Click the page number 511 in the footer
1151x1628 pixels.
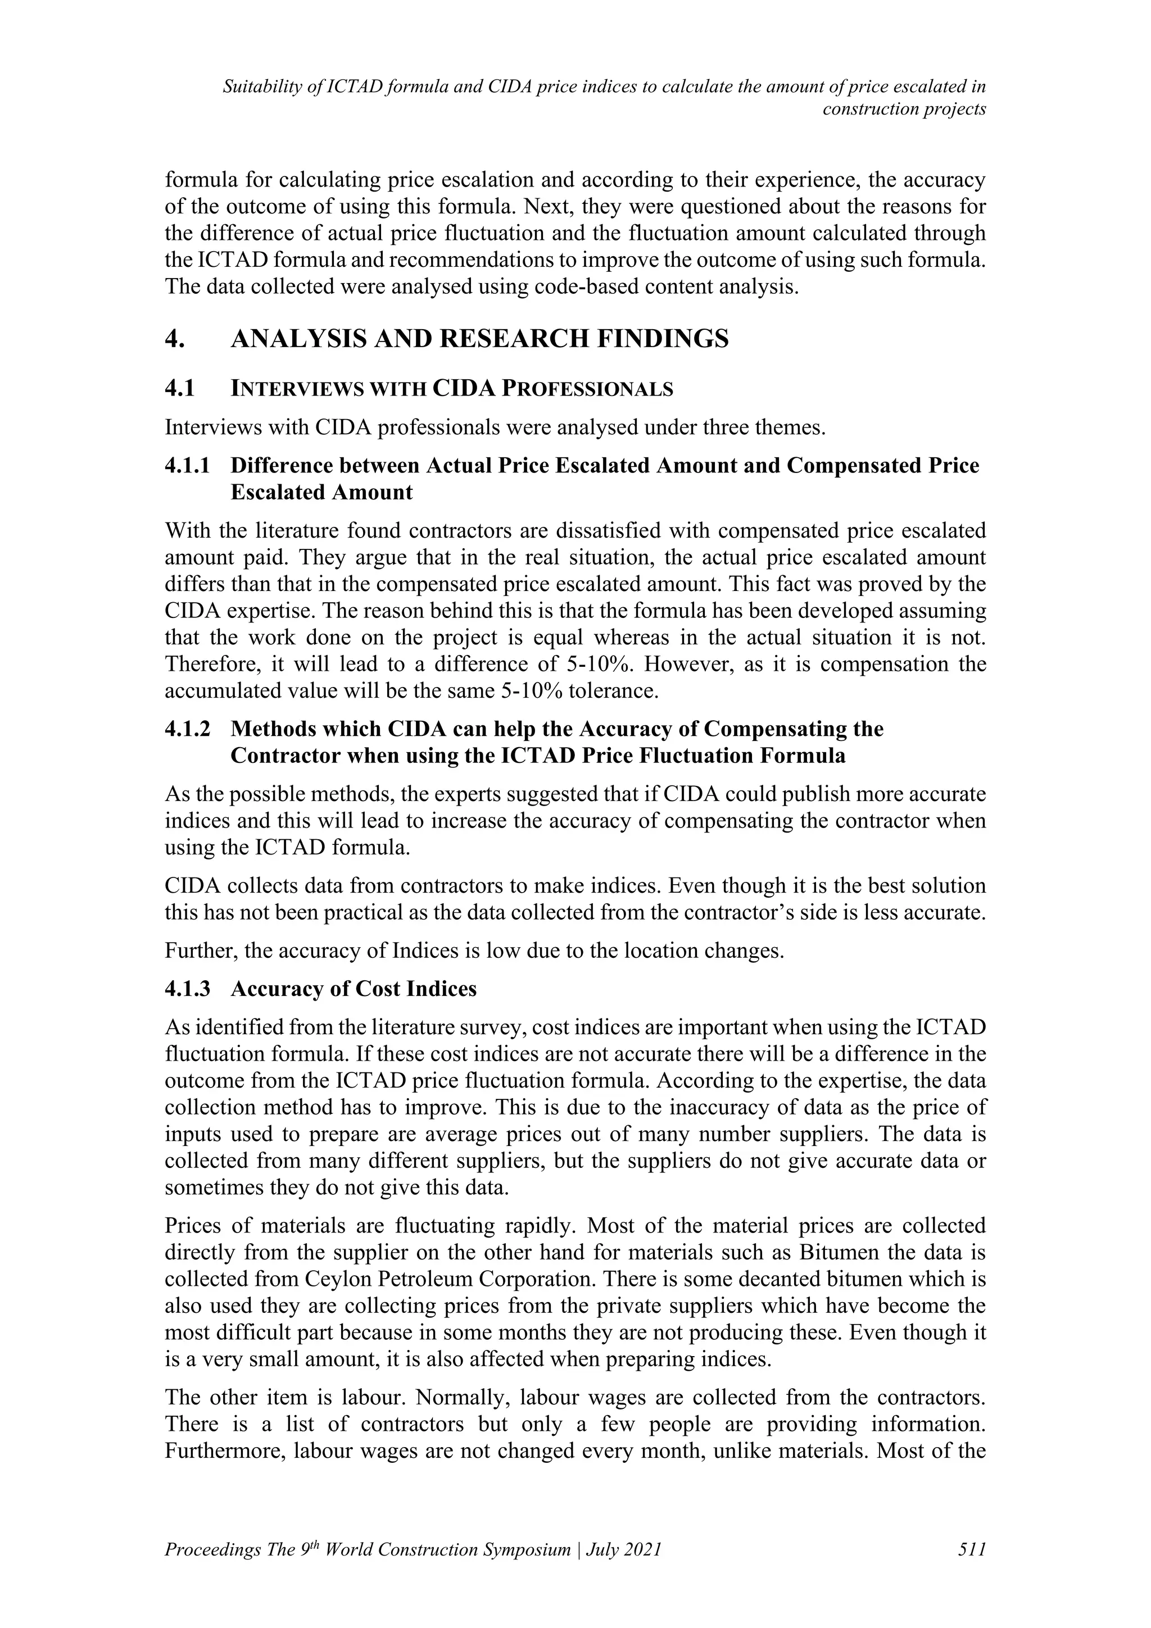[x=972, y=1550]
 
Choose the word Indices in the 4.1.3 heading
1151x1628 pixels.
[x=442, y=989]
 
